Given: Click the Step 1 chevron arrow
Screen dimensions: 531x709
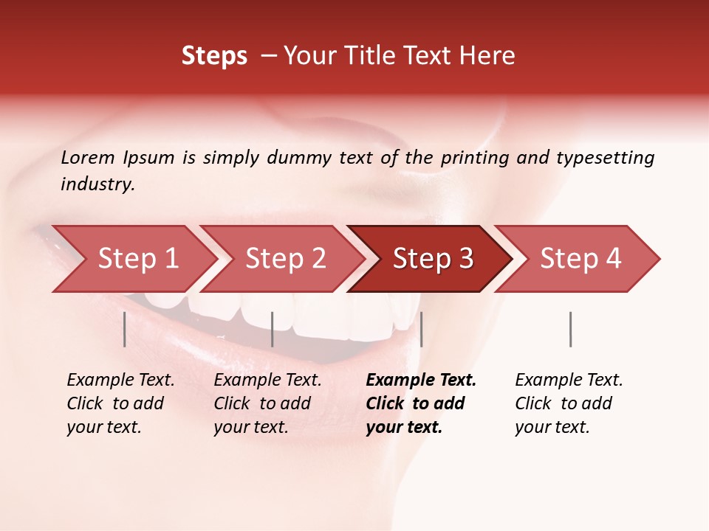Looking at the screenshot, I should pos(133,259).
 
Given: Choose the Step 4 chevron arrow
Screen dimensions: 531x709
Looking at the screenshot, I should pos(579,259).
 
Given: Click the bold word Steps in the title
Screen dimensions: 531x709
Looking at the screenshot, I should pos(214,56).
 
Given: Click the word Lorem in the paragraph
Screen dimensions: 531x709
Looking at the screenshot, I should pos(88,157).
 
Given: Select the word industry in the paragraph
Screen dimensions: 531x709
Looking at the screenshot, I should pos(97,184).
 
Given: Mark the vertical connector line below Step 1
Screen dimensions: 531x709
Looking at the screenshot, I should pos(125,329).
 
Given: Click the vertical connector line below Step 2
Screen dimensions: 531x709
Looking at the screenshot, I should pos(273,329).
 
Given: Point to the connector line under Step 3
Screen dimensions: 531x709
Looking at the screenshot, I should pos(421,329).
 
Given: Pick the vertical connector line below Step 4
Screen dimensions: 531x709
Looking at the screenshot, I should pos(570,329).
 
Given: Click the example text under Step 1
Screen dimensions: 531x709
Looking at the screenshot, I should pos(120,403).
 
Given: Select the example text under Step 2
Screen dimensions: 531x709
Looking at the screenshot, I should pos(267,403).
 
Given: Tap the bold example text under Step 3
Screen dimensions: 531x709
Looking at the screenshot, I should pos(419,403).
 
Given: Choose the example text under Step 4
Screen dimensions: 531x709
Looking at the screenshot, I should pos(568,403).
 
